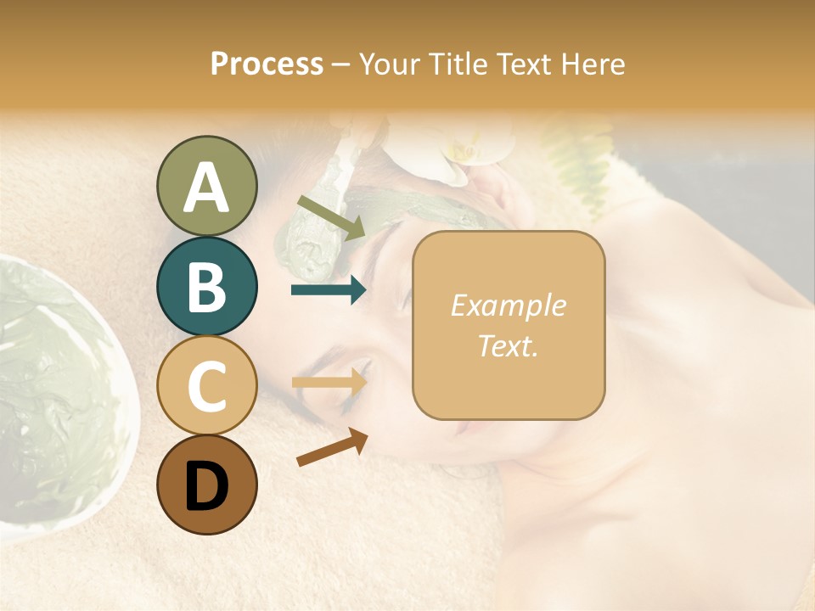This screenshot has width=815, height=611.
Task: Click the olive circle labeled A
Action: (206, 186)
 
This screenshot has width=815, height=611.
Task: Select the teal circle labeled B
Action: (206, 286)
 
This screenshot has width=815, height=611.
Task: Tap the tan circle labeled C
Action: (206, 385)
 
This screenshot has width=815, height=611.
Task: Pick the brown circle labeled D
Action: (206, 485)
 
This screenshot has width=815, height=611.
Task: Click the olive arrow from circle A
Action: (332, 216)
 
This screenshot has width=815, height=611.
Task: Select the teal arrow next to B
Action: (329, 290)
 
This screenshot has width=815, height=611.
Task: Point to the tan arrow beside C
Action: (329, 382)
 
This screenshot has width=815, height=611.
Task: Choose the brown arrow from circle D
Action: (332, 447)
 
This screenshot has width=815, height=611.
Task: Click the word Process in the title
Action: (267, 64)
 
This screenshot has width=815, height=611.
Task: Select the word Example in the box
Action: (508, 305)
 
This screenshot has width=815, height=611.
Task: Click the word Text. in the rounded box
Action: (508, 345)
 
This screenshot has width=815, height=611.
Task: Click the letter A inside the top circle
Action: (206, 187)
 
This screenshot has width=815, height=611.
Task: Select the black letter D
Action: (206, 486)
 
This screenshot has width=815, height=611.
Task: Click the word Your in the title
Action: (387, 64)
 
